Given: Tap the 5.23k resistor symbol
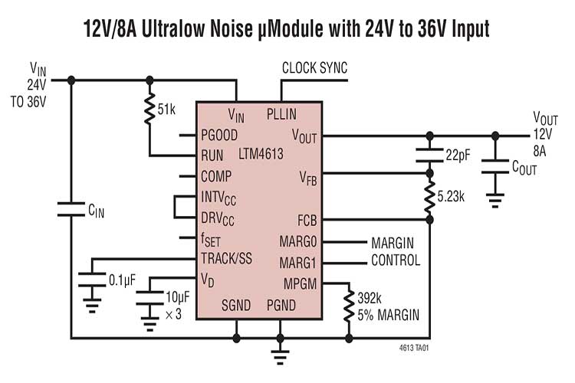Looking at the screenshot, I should click(x=430, y=196).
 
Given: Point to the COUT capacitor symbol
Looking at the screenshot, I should click(x=495, y=165).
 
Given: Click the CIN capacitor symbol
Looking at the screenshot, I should click(x=71, y=208).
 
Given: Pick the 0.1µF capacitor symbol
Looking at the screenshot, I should click(x=92, y=280).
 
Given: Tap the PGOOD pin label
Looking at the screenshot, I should click(x=220, y=134).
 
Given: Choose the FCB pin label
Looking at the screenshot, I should click(x=307, y=220).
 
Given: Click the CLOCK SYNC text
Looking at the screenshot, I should click(x=314, y=68).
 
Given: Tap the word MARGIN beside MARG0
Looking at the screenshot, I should click(x=393, y=242).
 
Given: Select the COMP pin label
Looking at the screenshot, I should click(x=216, y=175).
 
